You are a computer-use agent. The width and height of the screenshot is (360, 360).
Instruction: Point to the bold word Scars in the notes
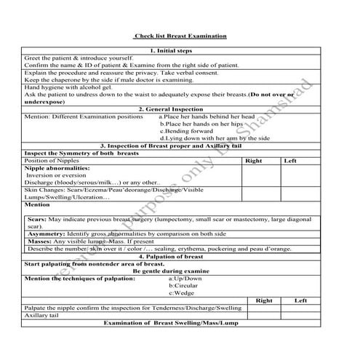tap(37, 220)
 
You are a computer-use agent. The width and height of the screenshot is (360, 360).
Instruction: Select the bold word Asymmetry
tap(46, 234)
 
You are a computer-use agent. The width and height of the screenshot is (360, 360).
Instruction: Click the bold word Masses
tap(40, 241)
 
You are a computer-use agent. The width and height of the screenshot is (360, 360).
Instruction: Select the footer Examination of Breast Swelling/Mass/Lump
tap(170, 323)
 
